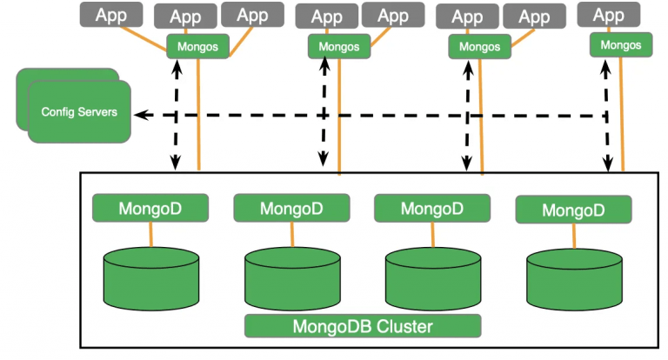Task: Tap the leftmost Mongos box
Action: coord(197,47)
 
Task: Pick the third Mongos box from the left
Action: coord(480,47)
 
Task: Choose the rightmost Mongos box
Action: coord(621,44)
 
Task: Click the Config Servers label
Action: coord(78,112)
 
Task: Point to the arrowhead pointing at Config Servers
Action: coord(138,115)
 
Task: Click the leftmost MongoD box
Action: coord(150,208)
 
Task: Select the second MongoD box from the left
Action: coord(291,208)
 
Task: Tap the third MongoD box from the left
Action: coord(431,208)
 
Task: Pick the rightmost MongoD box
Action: coord(573,210)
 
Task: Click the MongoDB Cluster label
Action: coord(363,326)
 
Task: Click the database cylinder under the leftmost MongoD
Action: coord(150,273)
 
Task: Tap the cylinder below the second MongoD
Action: coord(291,275)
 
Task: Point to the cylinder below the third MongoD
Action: coord(432,275)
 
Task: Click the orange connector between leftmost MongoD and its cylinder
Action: coord(150,233)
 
